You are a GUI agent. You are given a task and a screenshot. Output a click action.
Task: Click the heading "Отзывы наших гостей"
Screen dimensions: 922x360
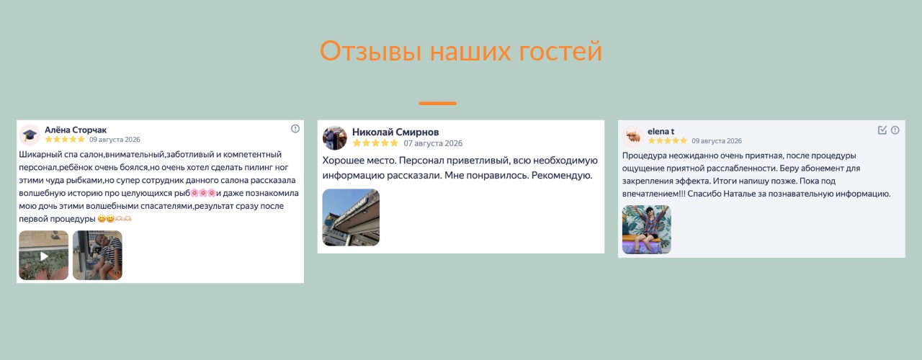tap(460, 51)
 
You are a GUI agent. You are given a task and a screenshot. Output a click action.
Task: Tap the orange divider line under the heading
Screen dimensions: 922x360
tap(437, 103)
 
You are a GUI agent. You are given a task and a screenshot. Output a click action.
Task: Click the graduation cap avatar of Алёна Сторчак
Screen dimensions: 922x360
tap(30, 135)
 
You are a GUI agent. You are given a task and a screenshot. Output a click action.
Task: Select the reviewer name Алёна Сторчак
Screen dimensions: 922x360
tap(76, 130)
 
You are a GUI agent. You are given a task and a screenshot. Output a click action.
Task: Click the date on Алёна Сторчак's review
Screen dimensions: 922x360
tap(115, 140)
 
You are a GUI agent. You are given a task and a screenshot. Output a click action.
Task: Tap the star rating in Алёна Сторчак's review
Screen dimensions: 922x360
tap(65, 140)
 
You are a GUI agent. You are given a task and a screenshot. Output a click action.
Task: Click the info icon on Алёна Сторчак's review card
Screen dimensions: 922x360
tap(295, 129)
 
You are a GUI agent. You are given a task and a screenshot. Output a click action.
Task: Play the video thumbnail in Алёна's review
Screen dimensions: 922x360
tap(44, 256)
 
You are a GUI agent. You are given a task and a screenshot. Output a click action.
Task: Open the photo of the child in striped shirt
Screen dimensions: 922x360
tap(97, 256)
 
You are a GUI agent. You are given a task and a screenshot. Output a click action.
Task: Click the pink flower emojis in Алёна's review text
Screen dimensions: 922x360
tap(203, 193)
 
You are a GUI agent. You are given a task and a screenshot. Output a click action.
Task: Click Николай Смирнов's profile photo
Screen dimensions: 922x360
tap(335, 138)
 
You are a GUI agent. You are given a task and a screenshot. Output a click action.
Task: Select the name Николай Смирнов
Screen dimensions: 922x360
tap(395, 132)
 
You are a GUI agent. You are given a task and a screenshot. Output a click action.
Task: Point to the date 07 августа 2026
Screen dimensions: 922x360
tap(433, 143)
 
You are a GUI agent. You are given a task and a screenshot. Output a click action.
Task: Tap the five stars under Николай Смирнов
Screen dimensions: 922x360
tap(376, 143)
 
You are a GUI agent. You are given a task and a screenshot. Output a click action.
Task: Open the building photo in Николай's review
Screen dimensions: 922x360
tap(351, 217)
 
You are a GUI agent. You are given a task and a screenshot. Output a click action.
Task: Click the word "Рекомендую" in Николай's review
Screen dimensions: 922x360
tap(562, 176)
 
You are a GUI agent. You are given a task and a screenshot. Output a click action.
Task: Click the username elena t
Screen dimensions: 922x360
tap(661, 132)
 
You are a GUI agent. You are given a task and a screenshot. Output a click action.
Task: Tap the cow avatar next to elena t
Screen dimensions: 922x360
tap(633, 137)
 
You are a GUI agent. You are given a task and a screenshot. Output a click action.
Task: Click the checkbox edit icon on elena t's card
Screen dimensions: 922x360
tap(882, 130)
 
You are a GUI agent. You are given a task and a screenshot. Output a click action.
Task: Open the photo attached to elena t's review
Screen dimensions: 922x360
tap(647, 230)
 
